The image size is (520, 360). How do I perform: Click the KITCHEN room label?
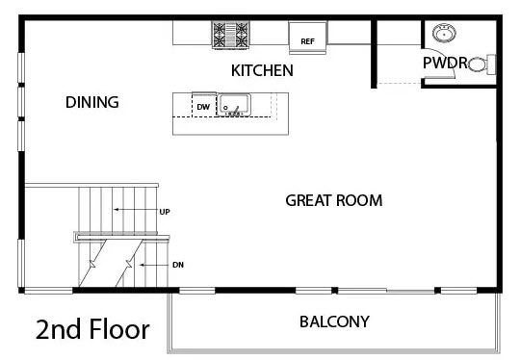point(262,70)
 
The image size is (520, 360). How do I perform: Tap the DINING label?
point(92,102)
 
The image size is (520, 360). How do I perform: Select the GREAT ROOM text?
point(334,200)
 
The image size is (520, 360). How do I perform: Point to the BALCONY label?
point(334,321)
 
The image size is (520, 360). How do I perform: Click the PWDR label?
point(445,63)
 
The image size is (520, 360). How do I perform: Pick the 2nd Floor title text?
point(92,329)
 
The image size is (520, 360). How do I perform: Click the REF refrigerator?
point(308,38)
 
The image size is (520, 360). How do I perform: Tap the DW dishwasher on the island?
point(204,106)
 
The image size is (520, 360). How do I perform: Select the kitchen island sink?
point(234,105)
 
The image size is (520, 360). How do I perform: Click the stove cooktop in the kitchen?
point(231,35)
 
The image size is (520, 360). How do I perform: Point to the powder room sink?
point(444,33)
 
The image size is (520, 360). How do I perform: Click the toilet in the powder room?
point(482,64)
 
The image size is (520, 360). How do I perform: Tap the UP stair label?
point(165,212)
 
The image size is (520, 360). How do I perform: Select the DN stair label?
point(178,265)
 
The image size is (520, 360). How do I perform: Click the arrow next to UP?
point(136,210)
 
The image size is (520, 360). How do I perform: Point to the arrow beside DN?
point(154,265)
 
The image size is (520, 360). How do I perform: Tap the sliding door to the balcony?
point(386,291)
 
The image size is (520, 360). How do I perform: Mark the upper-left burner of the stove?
point(220,28)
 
